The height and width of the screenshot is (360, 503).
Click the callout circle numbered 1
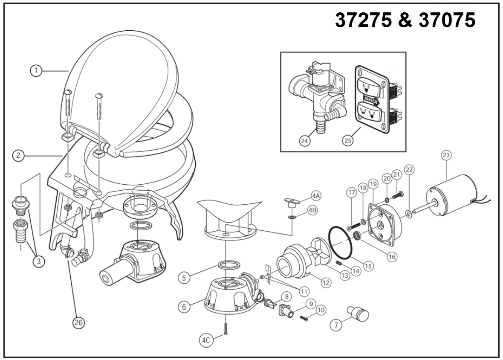[36, 70]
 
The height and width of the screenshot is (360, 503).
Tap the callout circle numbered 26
[78, 322]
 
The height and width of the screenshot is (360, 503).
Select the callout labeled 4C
[206, 340]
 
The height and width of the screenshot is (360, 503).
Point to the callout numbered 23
[446, 155]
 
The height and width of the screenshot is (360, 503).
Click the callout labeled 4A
[316, 195]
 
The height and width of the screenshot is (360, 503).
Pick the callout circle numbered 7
[336, 325]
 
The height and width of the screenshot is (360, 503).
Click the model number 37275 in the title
[363, 20]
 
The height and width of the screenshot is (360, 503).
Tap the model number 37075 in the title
[447, 20]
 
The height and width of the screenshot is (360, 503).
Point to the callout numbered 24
[305, 140]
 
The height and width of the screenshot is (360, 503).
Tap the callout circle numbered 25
[348, 140]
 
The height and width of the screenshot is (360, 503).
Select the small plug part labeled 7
[358, 314]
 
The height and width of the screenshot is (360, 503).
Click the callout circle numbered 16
[392, 256]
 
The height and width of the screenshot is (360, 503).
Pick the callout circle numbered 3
[39, 261]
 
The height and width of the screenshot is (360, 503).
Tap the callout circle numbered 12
[325, 283]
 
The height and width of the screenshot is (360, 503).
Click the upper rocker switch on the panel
[370, 86]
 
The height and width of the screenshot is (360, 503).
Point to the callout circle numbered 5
[184, 278]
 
